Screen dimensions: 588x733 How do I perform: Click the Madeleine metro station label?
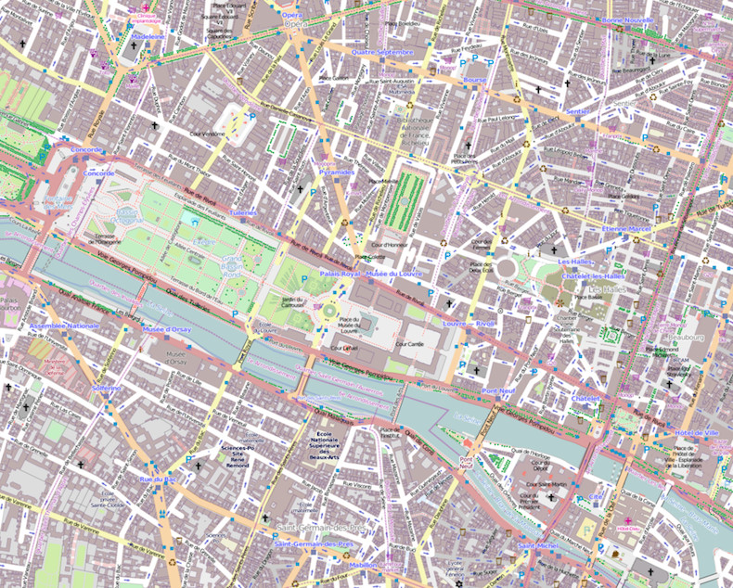[148, 36]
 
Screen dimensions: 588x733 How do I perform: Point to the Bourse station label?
[475, 80]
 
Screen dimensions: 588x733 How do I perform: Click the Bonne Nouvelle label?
[627, 19]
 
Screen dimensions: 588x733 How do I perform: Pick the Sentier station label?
[577, 111]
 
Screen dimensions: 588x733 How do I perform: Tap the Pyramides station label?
[336, 173]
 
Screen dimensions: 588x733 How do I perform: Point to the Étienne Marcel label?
[627, 227]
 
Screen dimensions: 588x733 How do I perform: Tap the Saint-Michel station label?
[538, 545]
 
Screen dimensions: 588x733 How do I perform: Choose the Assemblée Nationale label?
[64, 326]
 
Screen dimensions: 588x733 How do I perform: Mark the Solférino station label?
[107, 388]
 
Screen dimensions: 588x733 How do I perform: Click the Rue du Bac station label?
[157, 479]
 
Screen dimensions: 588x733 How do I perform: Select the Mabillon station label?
[364, 564]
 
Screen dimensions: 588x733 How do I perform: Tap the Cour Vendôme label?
[207, 134]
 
